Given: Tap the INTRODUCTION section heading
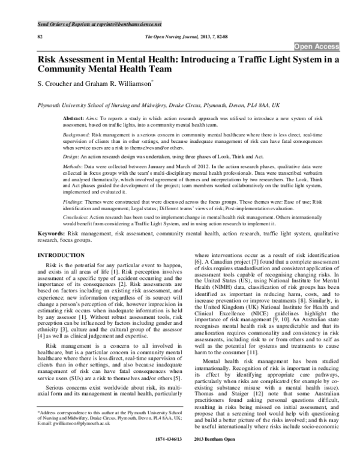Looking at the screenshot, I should point(61,256).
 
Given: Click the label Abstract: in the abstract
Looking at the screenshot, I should point(75,120).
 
